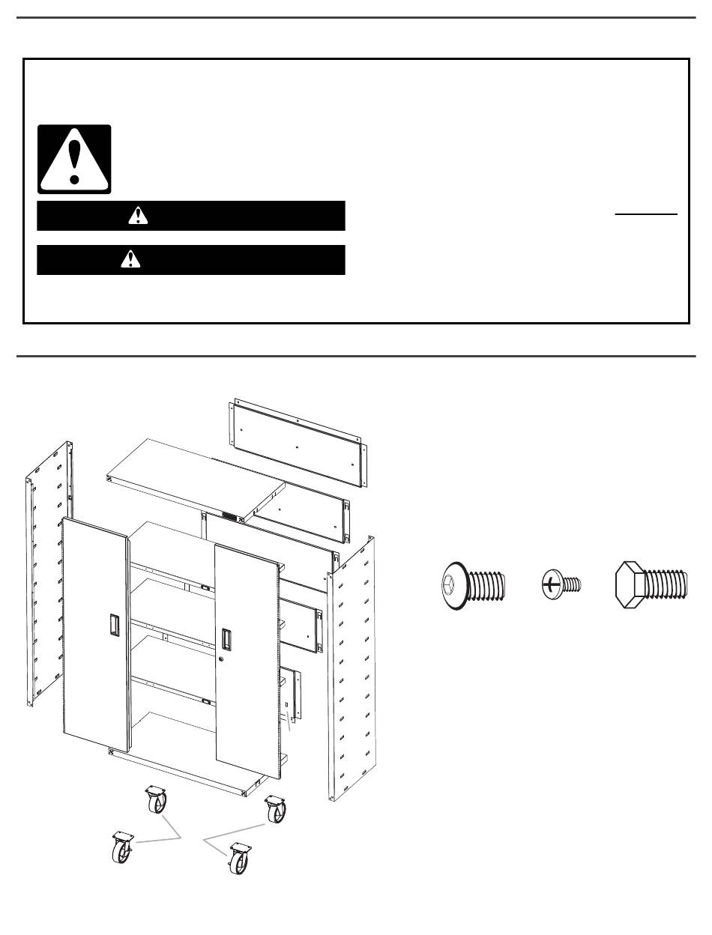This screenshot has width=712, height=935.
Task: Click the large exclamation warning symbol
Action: tap(74, 160)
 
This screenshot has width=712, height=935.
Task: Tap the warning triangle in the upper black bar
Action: tap(138, 216)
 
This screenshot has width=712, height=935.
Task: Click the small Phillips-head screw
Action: tap(561, 584)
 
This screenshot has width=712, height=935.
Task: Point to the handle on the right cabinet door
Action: tap(226, 639)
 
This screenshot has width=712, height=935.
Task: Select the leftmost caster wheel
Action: tap(122, 849)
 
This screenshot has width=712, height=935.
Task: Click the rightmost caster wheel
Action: tap(276, 811)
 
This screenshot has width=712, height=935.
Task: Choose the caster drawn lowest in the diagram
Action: tap(239, 859)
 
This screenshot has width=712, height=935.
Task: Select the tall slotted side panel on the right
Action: tap(351, 667)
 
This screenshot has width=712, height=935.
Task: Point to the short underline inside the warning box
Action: tap(646, 215)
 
